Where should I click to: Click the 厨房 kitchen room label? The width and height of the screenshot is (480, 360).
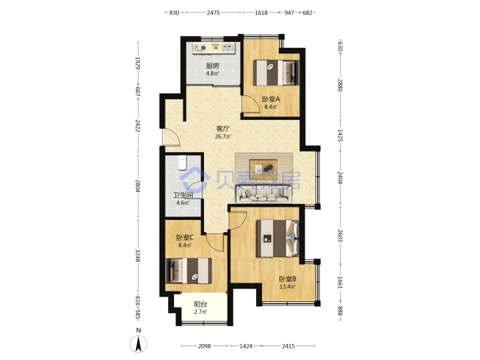tap(213, 66)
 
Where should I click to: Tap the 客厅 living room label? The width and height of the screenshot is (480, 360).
tap(223, 129)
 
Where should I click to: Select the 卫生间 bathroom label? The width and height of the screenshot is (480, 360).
tap(183, 195)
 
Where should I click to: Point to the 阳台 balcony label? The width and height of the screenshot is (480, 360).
tap(201, 304)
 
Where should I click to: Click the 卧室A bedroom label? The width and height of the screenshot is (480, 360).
tap(271, 99)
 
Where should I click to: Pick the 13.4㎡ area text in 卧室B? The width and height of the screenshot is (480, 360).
tap(287, 287)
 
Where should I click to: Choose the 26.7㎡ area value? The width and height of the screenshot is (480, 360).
tap(223, 137)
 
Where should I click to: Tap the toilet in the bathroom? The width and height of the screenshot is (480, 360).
tap(182, 163)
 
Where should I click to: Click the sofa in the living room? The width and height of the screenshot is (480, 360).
tap(264, 195)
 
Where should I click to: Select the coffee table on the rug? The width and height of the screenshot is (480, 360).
tap(263, 168)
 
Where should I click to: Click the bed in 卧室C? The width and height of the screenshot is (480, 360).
tap(189, 271)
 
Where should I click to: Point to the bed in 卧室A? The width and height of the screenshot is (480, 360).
tap(276, 73)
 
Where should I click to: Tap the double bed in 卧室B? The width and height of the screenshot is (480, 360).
tap(277, 239)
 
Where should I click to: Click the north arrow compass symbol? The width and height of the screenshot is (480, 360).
tap(139, 344)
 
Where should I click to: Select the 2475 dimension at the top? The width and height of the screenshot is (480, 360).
tap(213, 13)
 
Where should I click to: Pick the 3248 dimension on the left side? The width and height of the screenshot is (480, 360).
tap(138, 255)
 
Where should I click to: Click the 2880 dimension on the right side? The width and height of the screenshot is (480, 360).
tap(340, 85)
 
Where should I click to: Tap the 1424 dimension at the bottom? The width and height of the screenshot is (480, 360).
tap(246, 346)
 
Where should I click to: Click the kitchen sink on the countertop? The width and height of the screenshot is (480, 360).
tap(228, 47)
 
